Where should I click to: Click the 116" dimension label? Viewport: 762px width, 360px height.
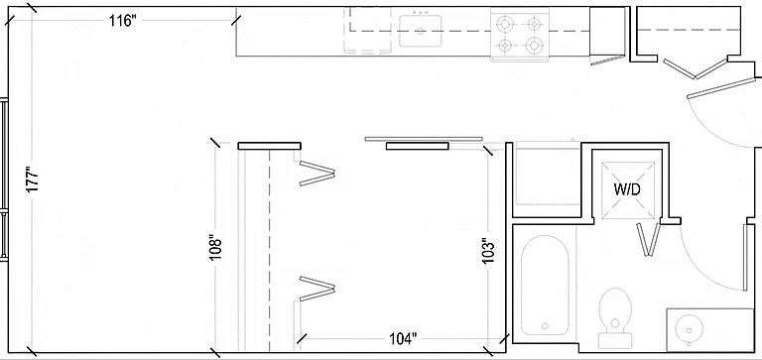(121, 21)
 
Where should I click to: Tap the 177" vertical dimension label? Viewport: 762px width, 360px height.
(32, 180)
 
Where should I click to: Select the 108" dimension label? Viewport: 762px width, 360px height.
(215, 248)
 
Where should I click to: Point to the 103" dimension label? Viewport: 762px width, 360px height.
(488, 251)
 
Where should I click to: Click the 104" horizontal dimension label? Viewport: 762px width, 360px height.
(404, 338)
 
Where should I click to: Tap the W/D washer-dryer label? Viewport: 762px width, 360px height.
(627, 189)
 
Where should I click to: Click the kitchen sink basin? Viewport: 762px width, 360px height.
(421, 31)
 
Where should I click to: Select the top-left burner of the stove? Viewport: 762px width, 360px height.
(506, 23)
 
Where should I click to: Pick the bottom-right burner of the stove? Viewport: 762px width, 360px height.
(534, 46)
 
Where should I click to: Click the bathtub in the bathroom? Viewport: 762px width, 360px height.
(545, 286)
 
